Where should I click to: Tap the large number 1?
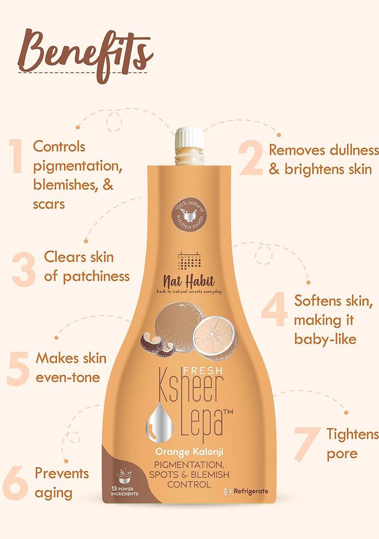tap(17, 156)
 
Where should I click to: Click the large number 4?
tap(275, 311)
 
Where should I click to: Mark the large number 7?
tap(307, 442)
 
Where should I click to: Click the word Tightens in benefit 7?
tap(352, 434)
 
